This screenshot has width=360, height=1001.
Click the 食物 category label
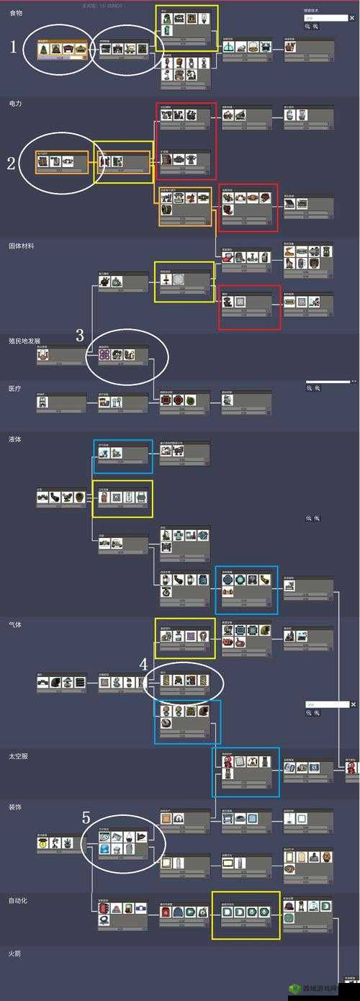15,13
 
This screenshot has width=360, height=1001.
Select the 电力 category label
15,104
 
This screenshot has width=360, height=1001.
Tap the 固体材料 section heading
21,246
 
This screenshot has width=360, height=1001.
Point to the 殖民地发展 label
24,340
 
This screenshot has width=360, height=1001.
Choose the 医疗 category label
15,388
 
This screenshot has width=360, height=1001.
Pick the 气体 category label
15,624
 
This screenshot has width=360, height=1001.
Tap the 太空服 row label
18,756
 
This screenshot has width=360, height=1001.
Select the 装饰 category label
15,807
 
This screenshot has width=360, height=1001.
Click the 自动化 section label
18,900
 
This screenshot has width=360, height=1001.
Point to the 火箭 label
15,953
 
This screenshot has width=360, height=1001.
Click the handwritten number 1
13,48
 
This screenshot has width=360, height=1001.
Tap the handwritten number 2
11,163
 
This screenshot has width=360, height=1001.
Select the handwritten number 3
80,335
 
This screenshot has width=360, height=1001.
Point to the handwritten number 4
143,663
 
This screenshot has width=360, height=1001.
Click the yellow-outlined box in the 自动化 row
246,915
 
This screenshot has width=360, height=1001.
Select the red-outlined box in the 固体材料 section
249,307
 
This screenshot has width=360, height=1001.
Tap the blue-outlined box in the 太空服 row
246,772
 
